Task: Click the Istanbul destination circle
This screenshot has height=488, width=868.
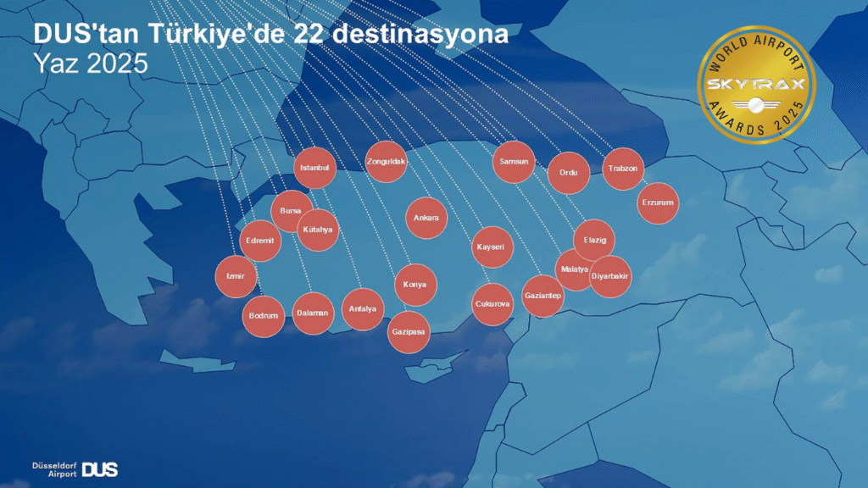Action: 314,168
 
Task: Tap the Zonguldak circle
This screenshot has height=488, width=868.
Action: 387,161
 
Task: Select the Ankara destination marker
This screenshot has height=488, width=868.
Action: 426,218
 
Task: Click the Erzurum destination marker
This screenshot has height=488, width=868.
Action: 658,203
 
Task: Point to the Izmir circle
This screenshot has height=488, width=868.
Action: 236,276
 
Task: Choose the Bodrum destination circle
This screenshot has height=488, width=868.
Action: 264,316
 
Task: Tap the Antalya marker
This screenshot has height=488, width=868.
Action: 363,309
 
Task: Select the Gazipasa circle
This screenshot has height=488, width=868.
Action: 409,332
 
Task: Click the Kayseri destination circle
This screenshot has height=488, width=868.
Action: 492,247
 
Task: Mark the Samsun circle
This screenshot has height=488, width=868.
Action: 514,161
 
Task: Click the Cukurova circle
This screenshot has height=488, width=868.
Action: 492,303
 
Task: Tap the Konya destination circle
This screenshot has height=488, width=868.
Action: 415,285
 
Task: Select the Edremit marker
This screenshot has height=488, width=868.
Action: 260,241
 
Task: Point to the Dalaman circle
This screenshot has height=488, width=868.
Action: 313,313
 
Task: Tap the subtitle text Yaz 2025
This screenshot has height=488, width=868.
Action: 90,64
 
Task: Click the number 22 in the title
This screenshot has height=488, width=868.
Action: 313,35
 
